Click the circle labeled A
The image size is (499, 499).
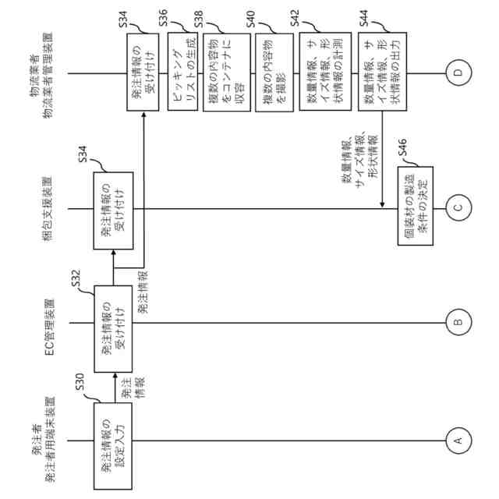[x=458, y=441]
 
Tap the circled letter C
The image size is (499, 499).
[x=458, y=207]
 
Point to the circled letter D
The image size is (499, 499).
[x=458, y=74]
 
